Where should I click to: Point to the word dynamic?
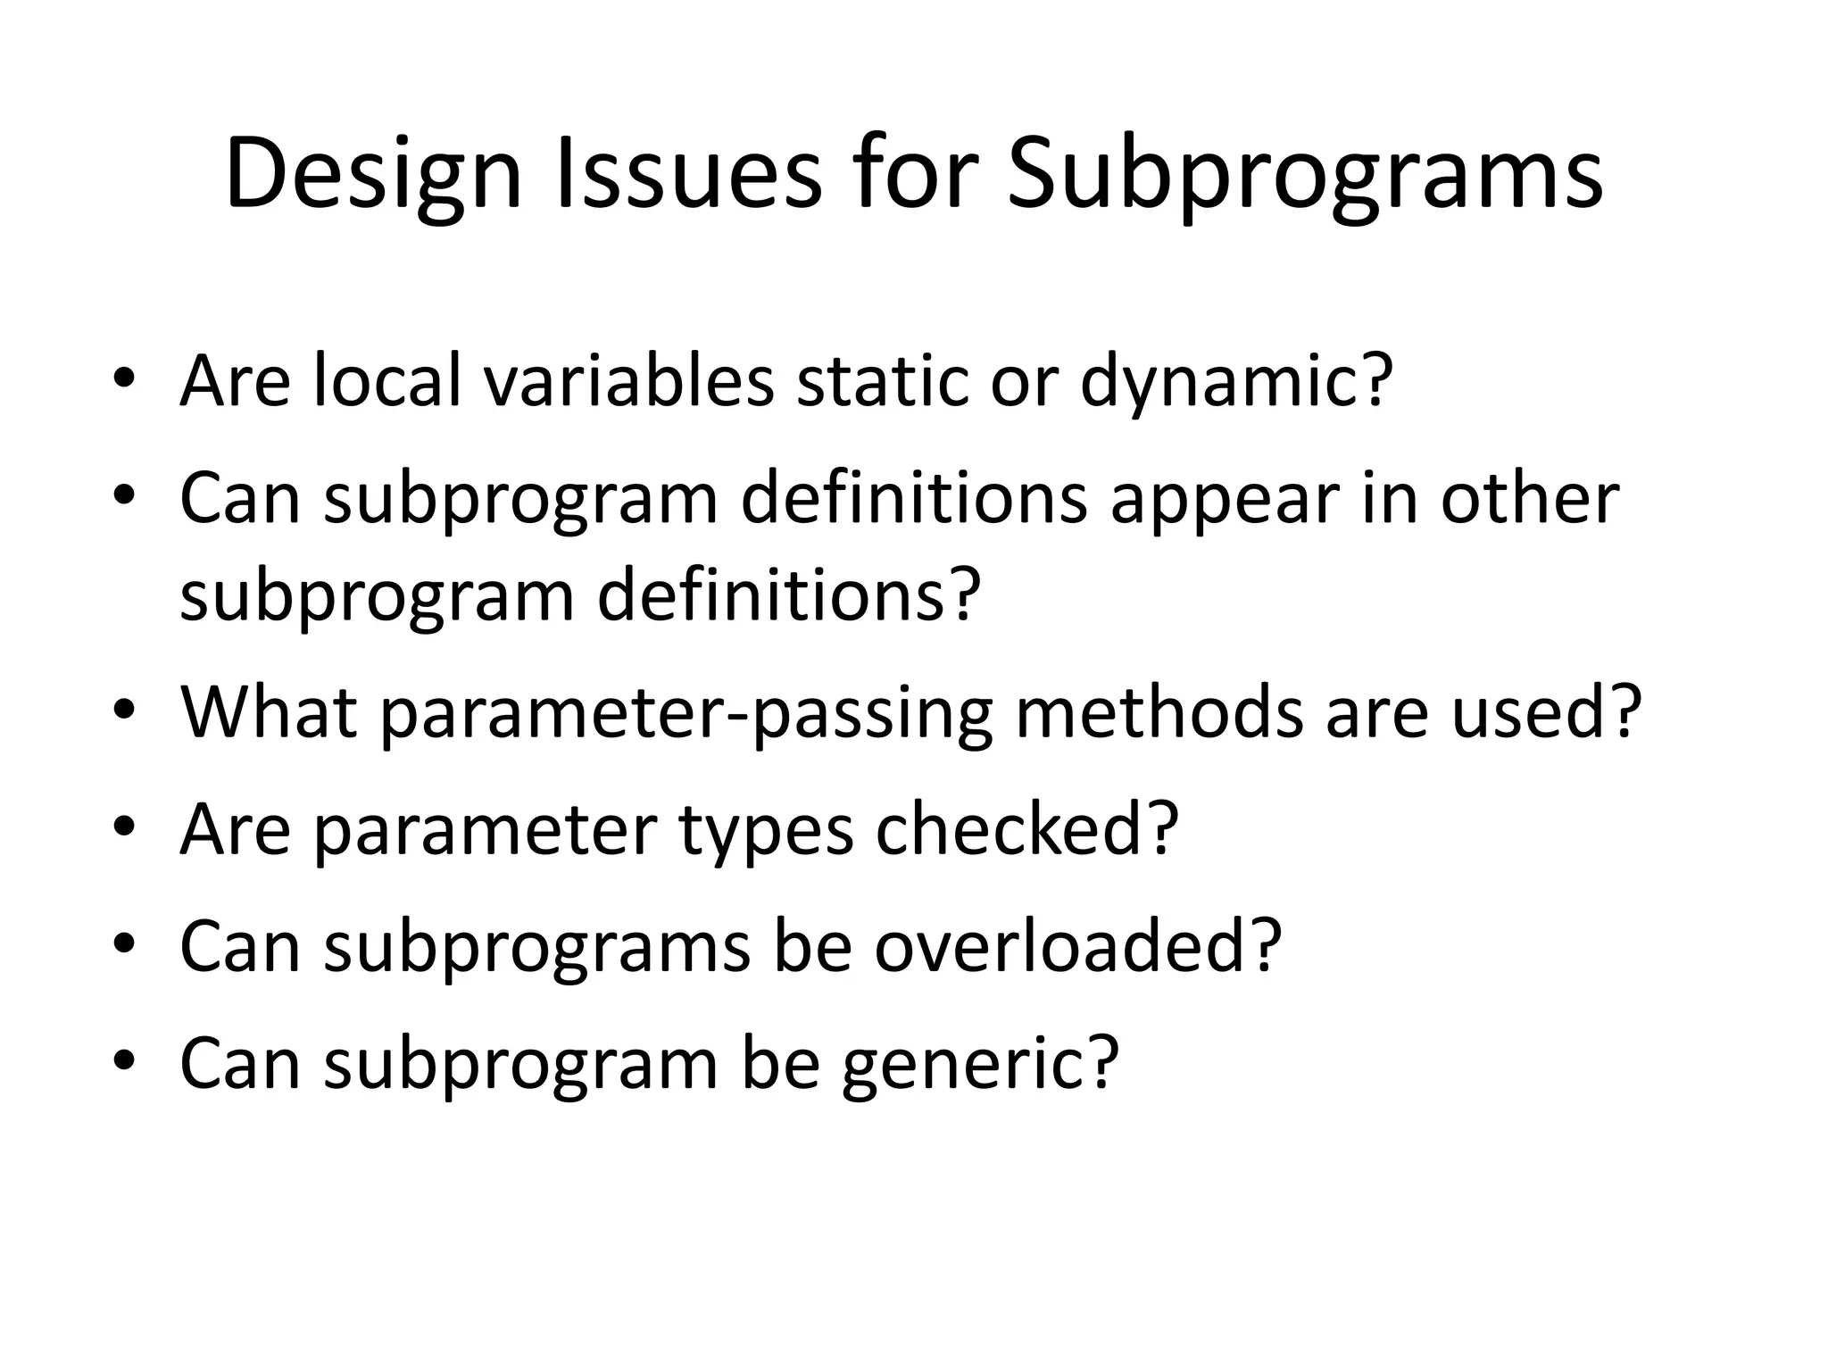(1237, 381)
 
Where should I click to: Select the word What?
(269, 712)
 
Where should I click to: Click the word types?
(766, 829)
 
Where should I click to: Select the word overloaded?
(1078, 946)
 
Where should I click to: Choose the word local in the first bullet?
(387, 381)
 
